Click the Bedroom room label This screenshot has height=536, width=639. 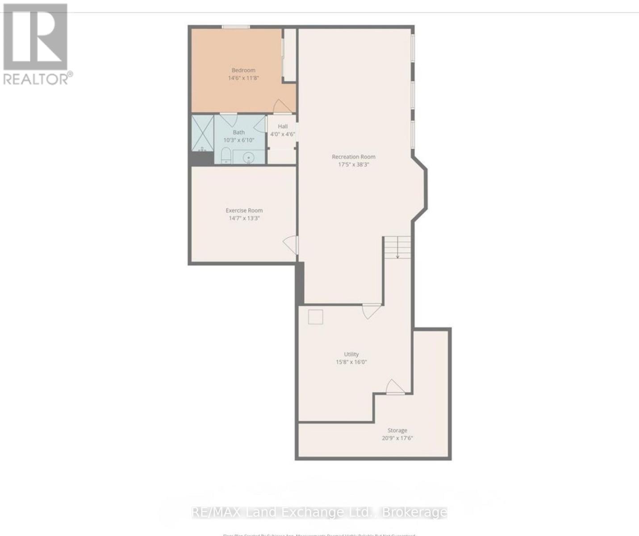243,70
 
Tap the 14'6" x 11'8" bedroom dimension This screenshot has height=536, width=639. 243,78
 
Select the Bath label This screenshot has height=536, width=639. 239,132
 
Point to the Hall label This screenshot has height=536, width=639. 283,126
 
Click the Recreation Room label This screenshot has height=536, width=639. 354,157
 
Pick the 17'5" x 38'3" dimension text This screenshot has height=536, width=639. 354,164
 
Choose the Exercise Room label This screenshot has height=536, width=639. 244,210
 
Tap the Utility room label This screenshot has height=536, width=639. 351,354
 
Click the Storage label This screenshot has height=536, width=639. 397,431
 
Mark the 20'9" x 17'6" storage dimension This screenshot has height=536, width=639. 397,438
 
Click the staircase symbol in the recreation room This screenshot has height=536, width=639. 397,247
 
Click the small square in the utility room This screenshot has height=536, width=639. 315,317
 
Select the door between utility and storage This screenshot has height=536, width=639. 395,387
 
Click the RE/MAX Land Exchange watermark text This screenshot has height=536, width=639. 319,512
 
